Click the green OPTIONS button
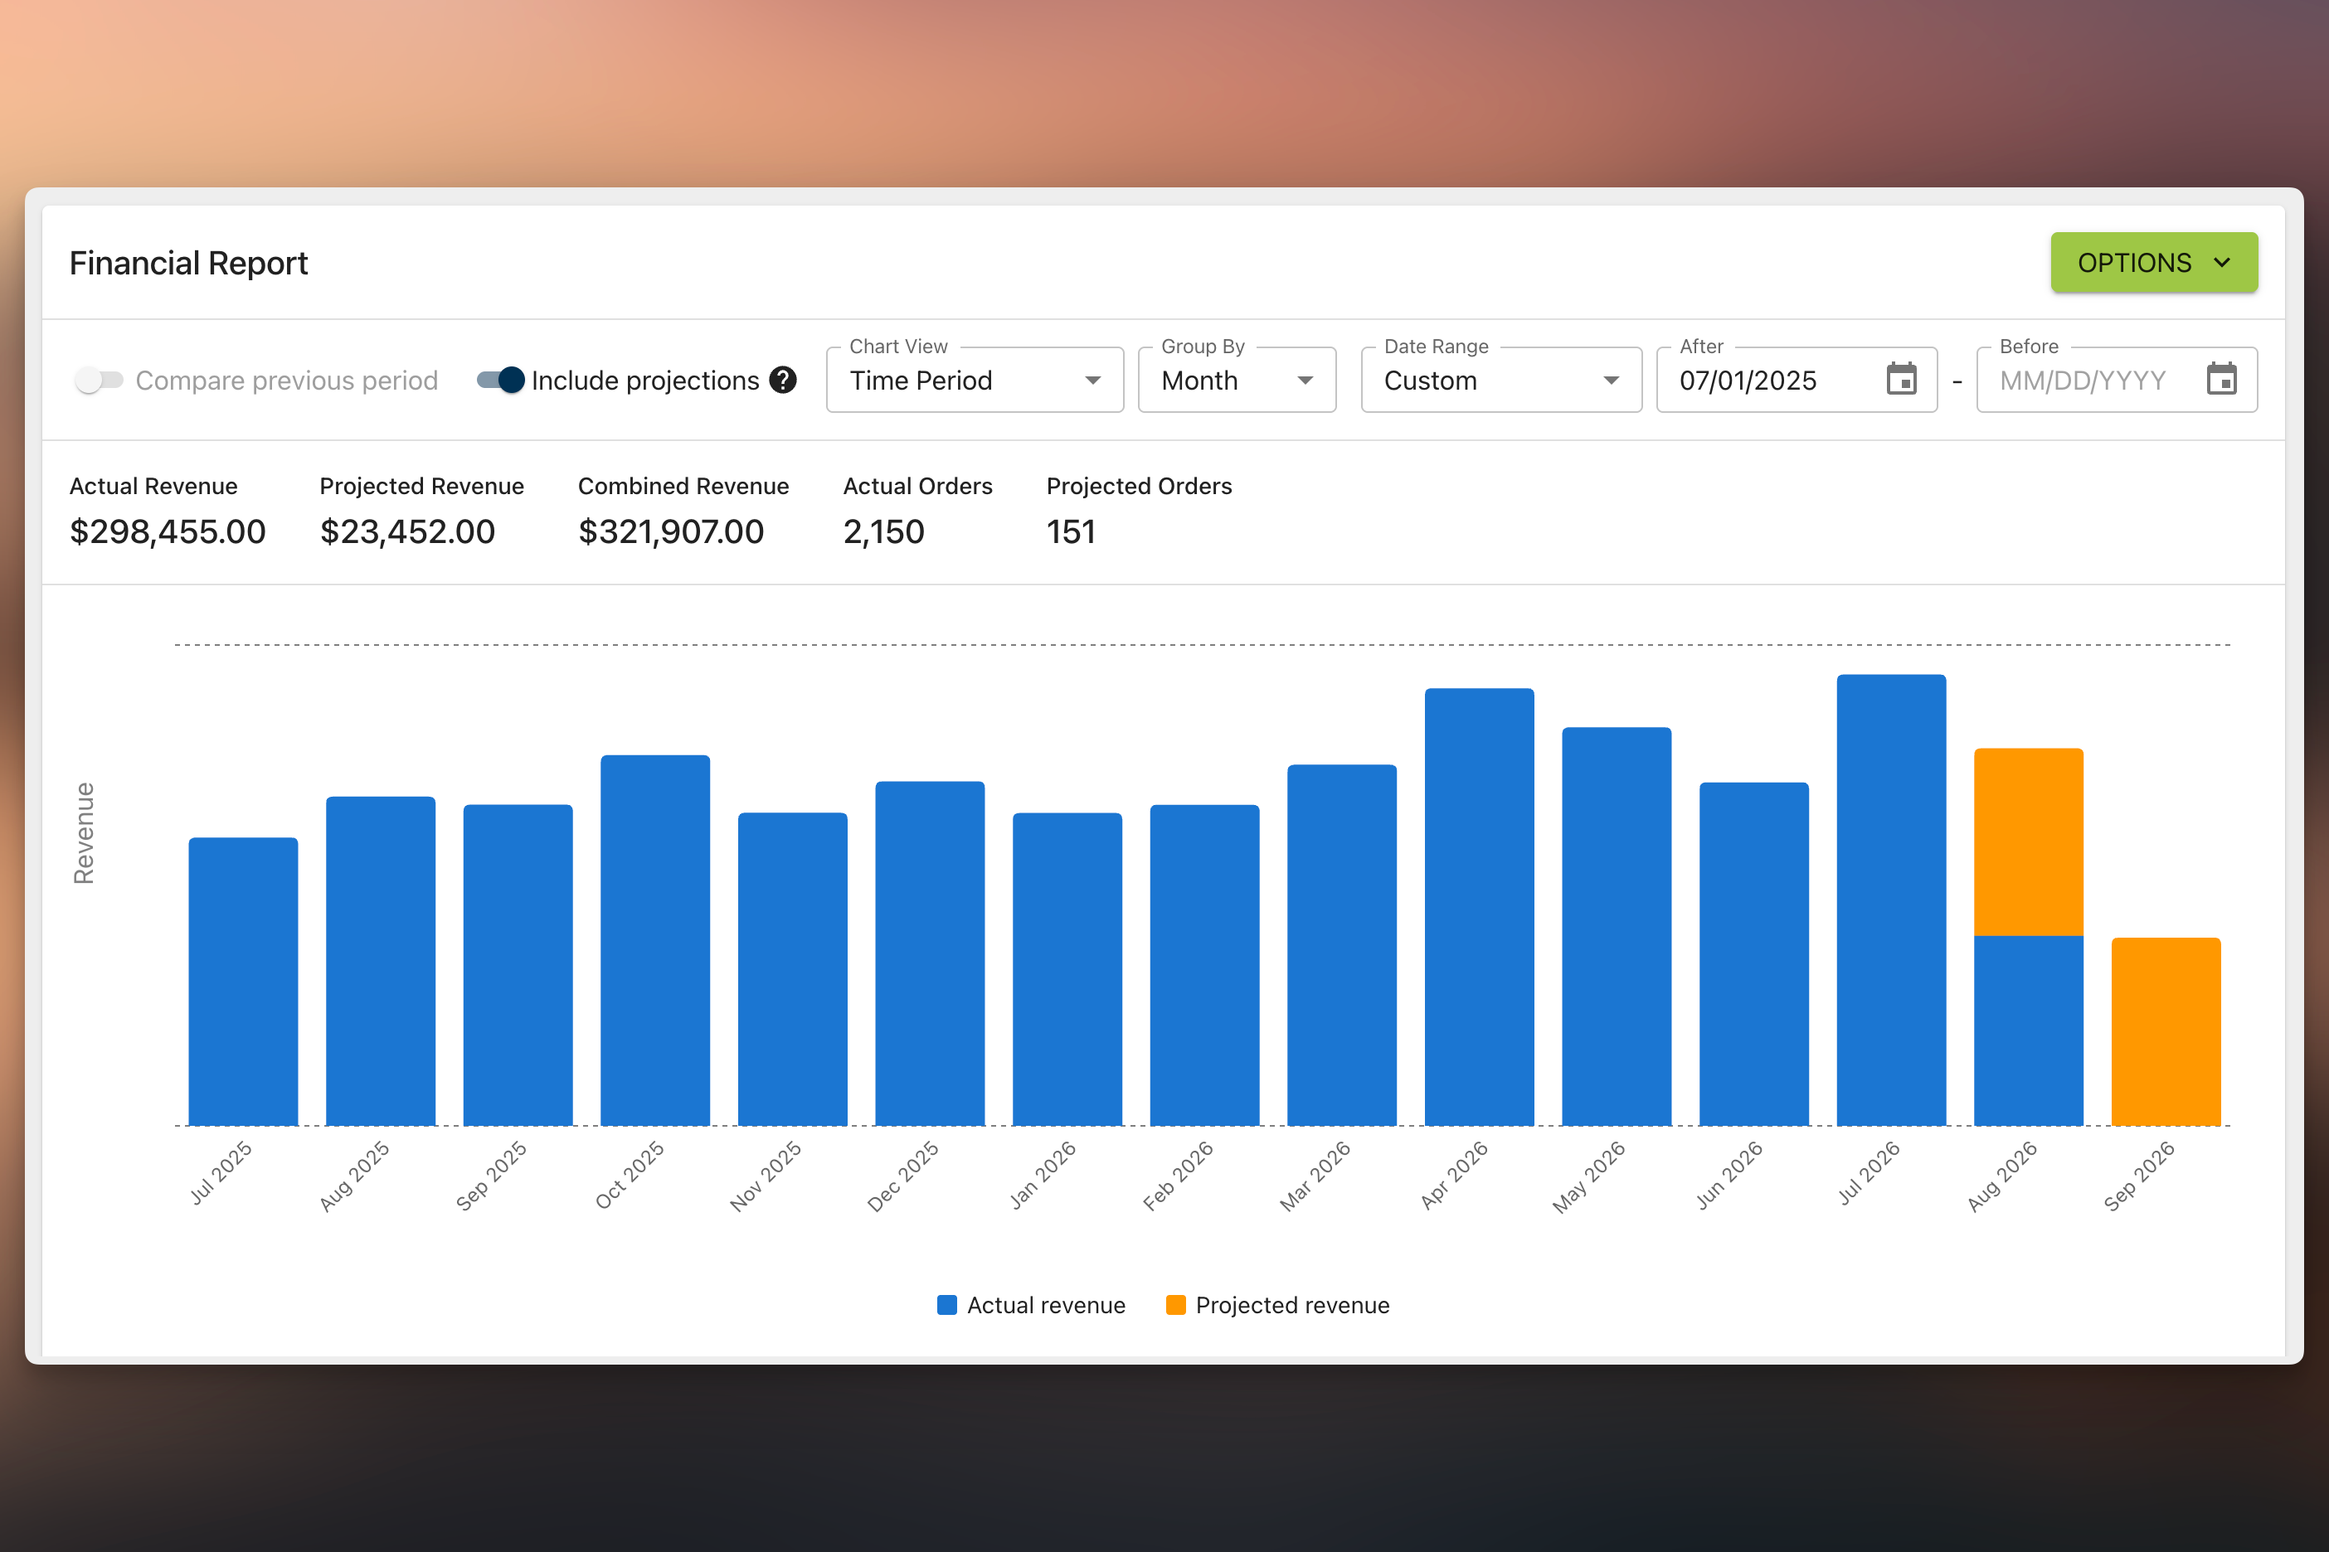click(x=2154, y=262)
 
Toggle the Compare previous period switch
click(x=99, y=380)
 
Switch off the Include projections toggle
click(x=500, y=380)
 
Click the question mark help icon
click(x=783, y=380)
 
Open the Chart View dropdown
click(x=975, y=380)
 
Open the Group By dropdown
click(x=1237, y=380)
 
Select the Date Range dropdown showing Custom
click(x=1501, y=380)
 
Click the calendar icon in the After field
click(x=1901, y=379)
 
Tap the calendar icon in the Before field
click(x=2222, y=379)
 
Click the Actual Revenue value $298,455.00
click(x=168, y=531)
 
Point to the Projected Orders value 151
click(x=1071, y=531)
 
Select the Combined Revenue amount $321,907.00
click(x=671, y=531)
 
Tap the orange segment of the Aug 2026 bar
click(x=2029, y=842)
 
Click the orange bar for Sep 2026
click(x=2166, y=1031)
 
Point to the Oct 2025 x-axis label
click(x=630, y=1175)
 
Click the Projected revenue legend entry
click(x=1277, y=1306)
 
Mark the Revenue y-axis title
click(x=84, y=833)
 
